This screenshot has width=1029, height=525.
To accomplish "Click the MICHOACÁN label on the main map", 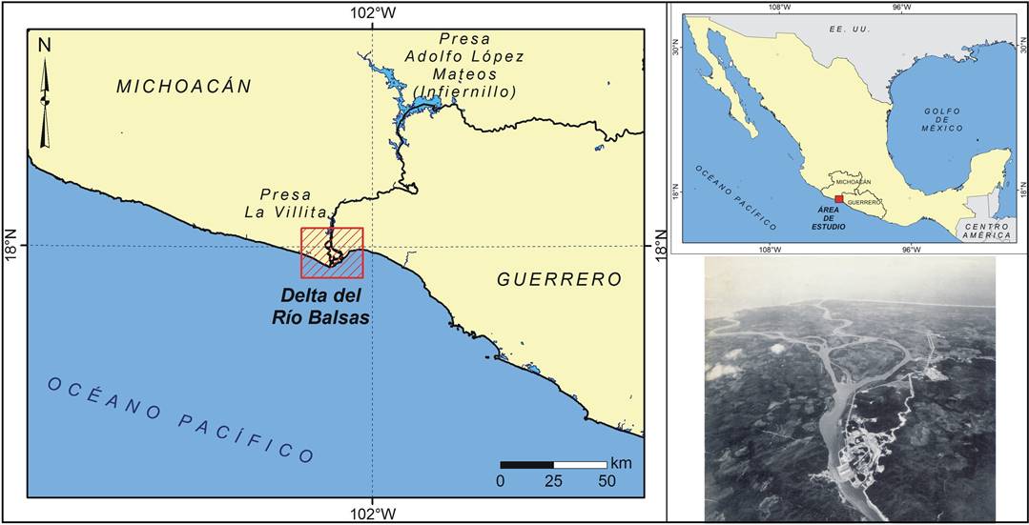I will [184, 86].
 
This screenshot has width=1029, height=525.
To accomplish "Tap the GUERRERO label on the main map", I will [559, 279].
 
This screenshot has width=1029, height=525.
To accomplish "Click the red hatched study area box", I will [332, 252].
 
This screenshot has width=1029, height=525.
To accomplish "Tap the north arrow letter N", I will [44, 44].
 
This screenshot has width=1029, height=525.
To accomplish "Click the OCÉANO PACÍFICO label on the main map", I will [181, 419].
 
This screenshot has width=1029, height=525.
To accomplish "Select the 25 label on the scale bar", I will [553, 481].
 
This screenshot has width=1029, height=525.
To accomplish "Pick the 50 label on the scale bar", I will [607, 481].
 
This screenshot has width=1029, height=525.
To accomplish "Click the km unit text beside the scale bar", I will [622, 463].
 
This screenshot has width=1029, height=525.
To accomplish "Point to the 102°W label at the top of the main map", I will [372, 11].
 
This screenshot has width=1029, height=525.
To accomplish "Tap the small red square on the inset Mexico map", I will [838, 199].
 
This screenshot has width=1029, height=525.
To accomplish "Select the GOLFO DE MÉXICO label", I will [942, 118].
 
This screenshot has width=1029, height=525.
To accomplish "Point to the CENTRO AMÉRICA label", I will [983, 229].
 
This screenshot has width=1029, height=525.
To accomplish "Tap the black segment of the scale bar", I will [526, 465].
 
